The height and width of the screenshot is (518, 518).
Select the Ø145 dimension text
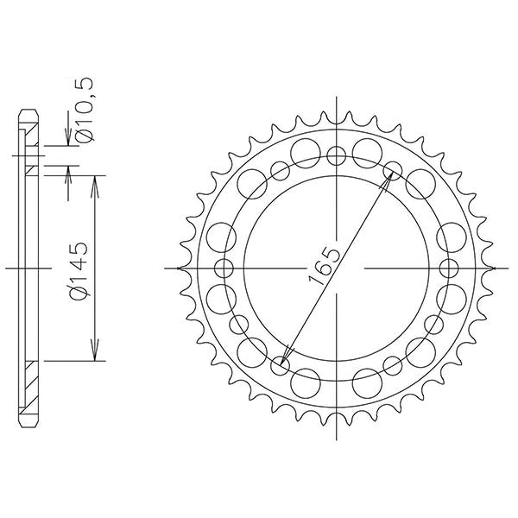[x=81, y=271]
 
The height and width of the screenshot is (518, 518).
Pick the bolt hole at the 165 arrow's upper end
[x=393, y=169]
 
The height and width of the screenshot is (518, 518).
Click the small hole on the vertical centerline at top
[x=337, y=155]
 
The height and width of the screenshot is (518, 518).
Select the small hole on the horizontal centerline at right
[x=450, y=268]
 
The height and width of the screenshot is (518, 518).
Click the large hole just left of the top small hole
[x=304, y=154]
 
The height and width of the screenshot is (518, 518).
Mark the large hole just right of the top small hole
[x=369, y=154]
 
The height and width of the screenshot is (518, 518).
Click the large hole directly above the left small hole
[x=222, y=236]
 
